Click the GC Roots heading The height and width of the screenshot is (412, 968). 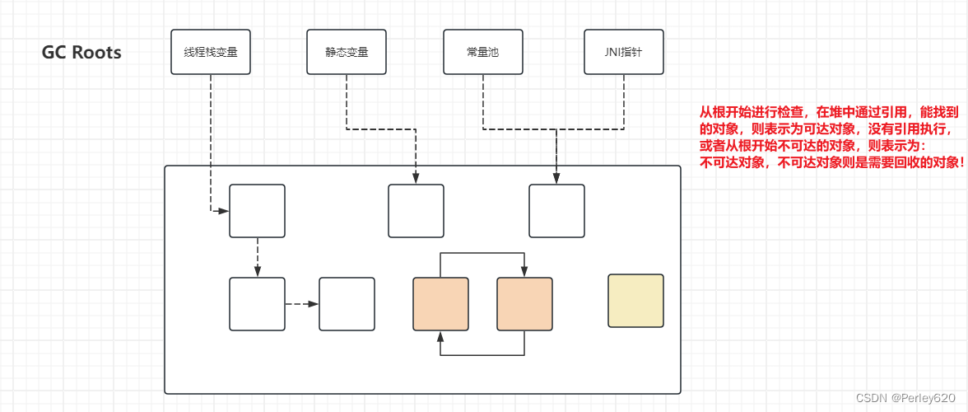pos(81,53)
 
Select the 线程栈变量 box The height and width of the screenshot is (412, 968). pos(211,52)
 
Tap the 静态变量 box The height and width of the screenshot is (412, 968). pos(347,52)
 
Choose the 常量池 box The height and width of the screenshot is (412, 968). pos(482,52)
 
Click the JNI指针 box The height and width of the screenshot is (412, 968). pos(623,52)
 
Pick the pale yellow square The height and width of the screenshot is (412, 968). pos(635,301)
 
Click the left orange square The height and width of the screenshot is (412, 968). pos(440,304)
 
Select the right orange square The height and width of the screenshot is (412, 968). pos(524,304)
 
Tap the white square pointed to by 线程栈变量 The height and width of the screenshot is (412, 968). pos(257,211)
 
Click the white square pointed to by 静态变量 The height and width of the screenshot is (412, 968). pos(416,211)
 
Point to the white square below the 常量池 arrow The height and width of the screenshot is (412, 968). pos(556,211)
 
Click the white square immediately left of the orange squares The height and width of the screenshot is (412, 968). pos(347,304)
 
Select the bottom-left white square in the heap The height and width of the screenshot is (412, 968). pos(257,304)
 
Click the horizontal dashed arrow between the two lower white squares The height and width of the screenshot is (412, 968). pos(301,304)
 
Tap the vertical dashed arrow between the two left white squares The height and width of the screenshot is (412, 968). pos(257,257)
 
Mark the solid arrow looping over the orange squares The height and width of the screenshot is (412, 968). pos(482,254)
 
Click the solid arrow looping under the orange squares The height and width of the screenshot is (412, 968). pos(482,355)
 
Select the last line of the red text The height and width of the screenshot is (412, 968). pos(831,162)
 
